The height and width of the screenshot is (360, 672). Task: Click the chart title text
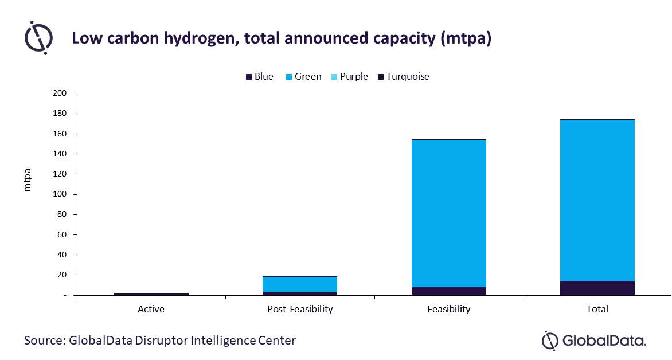281,38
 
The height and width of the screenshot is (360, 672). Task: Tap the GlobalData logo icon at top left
38,38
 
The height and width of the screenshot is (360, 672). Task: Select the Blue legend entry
259,76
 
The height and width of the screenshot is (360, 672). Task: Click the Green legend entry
303,76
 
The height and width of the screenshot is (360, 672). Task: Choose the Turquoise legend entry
403,76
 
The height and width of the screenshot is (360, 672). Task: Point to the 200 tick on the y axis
60,93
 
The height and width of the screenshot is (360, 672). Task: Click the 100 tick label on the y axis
60,194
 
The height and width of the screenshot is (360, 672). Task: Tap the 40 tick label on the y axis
62,255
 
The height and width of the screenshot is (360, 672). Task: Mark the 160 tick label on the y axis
60,134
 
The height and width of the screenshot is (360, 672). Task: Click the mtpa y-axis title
28,180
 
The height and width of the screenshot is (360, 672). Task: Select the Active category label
151,309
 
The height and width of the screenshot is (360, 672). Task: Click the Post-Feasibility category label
300,309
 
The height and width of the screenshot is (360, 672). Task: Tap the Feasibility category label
448,309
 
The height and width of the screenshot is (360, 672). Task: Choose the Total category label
597,309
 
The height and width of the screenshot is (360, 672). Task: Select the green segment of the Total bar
597,201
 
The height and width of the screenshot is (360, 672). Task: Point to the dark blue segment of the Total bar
597,288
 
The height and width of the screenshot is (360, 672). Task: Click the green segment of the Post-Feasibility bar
300,284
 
